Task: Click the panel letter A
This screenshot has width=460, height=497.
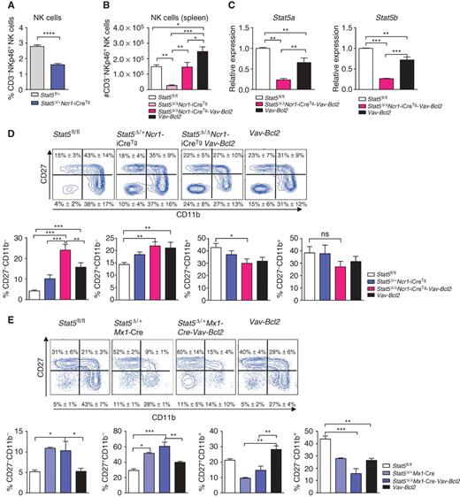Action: coord(6,6)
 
